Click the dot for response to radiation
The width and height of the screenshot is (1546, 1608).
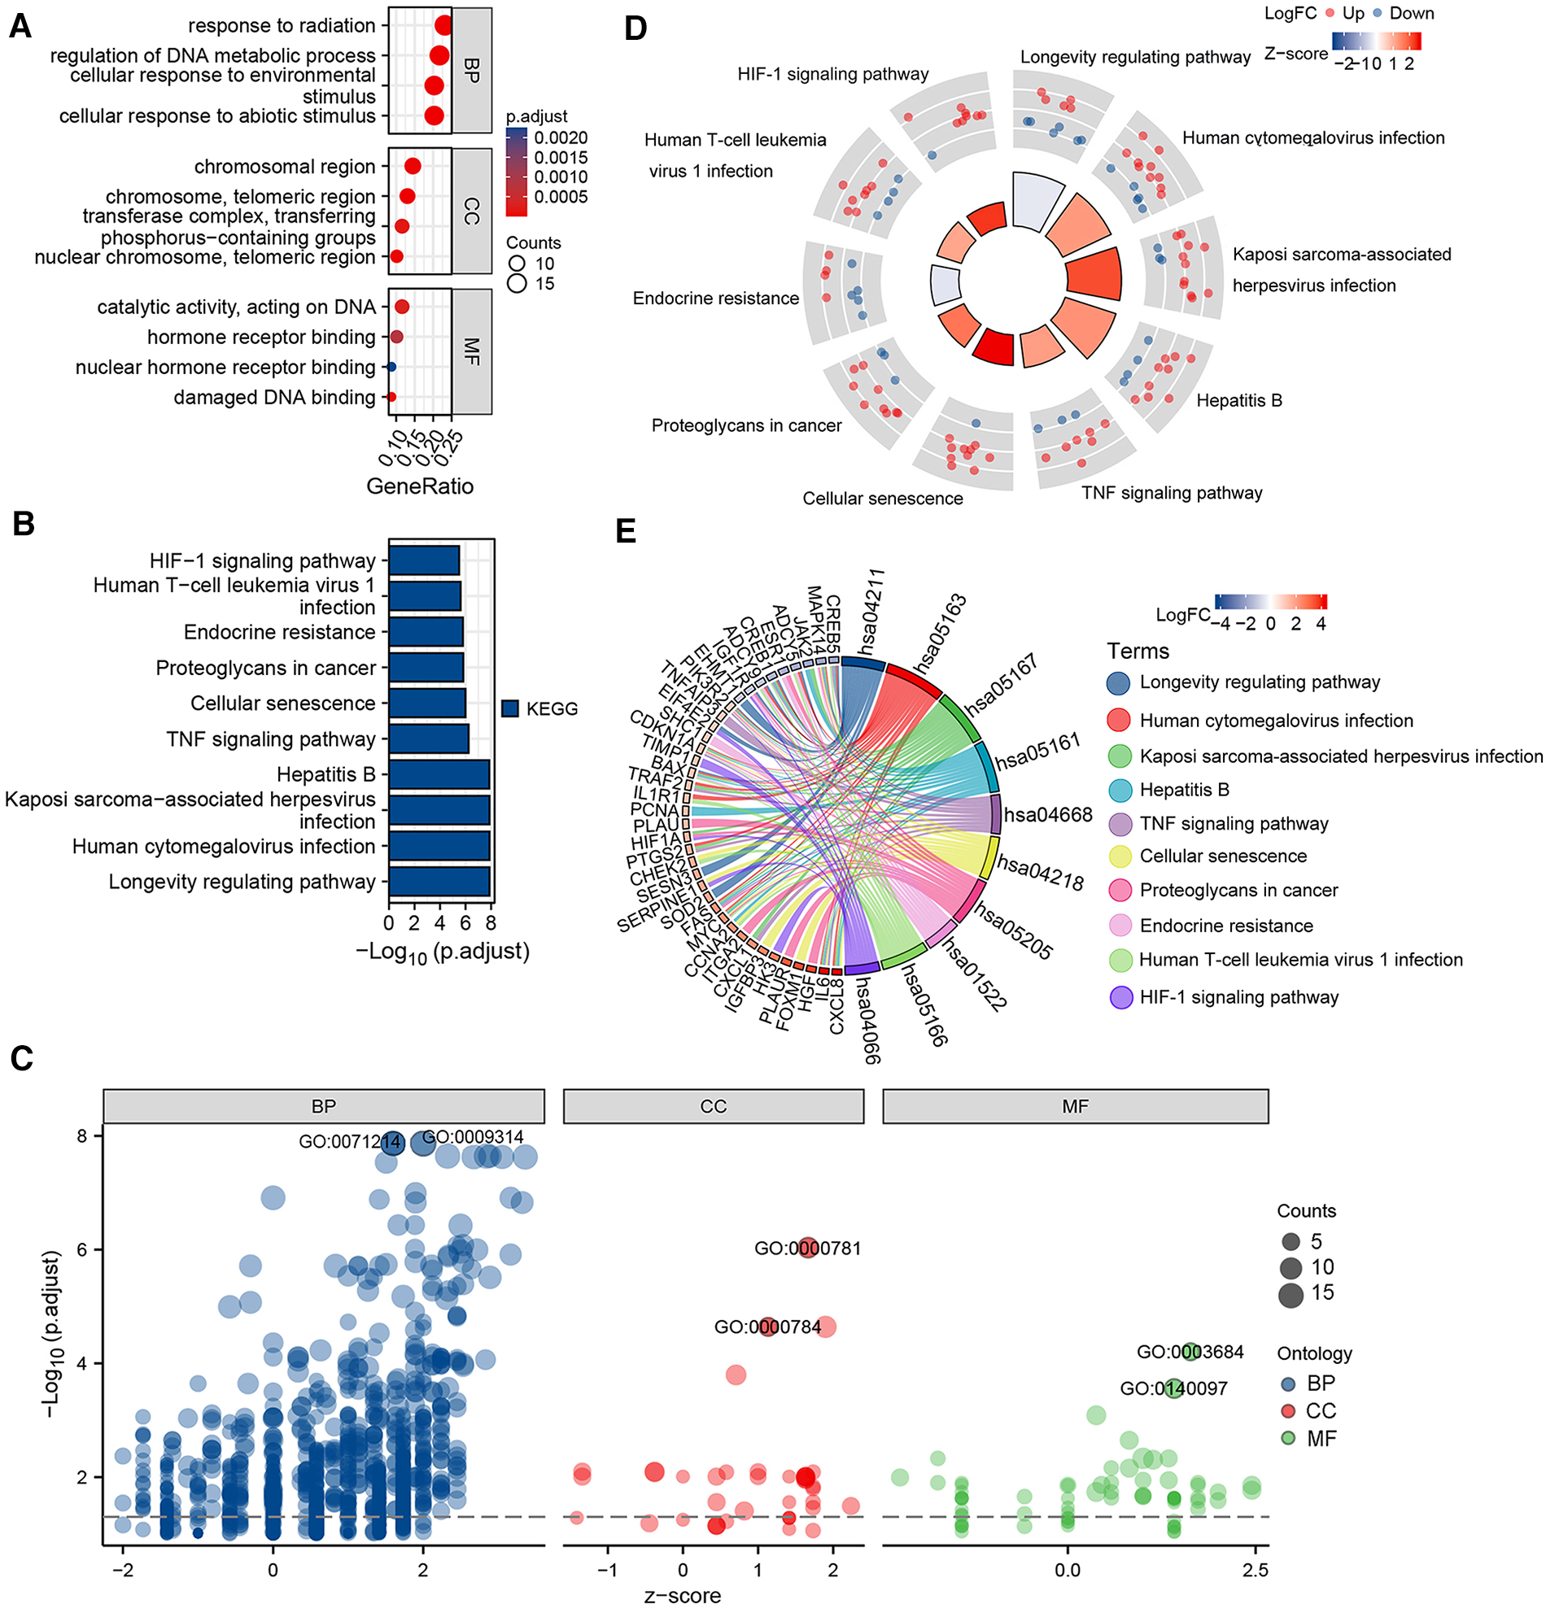(443, 26)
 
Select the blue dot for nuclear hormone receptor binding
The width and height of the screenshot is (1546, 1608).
(391, 367)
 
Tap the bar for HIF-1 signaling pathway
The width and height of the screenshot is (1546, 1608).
(423, 561)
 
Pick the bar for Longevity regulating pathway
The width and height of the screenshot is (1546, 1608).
(439, 882)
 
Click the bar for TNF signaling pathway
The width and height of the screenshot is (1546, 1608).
(428, 739)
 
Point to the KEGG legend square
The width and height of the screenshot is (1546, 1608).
(509, 708)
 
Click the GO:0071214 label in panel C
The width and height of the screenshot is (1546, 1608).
(349, 1142)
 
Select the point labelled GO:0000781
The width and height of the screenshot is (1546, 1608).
(808, 1248)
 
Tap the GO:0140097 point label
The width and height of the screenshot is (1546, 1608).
(1173, 1388)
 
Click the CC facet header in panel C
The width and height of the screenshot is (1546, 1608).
(713, 1107)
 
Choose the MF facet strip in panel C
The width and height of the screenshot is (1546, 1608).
(1075, 1107)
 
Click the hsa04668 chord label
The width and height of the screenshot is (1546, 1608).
(1048, 815)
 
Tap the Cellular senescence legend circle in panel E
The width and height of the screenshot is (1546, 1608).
(1120, 856)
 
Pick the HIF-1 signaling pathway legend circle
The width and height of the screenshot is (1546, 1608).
(1120, 998)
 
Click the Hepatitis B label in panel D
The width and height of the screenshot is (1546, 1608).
(1238, 400)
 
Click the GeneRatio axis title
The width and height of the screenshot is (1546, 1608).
(419, 486)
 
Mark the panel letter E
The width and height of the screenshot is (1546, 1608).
(625, 531)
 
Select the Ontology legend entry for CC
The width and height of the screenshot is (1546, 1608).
(1288, 1411)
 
